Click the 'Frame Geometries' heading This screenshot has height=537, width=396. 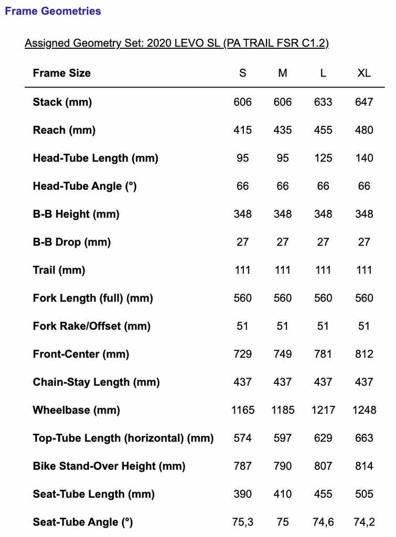tap(53, 11)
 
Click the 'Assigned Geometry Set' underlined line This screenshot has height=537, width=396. tap(177, 43)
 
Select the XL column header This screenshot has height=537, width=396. tap(364, 73)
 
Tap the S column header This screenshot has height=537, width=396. tap(242, 73)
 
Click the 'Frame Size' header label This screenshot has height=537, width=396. tap(61, 73)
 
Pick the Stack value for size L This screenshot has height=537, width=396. tap(323, 102)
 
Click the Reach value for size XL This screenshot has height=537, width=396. tap(364, 130)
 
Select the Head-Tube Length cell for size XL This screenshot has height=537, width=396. tap(364, 158)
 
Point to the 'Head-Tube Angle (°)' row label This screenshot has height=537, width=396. tap(84, 186)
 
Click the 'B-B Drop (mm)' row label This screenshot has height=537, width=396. tap(72, 242)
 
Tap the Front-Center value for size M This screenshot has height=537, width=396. tap(283, 354)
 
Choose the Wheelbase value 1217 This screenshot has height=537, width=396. tap(323, 410)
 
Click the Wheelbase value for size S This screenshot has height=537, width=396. tap(243, 410)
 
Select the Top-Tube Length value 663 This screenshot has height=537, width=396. tap(364, 438)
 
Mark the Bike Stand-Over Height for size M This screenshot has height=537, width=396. tap(283, 466)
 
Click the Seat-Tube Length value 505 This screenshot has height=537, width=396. tap(364, 494)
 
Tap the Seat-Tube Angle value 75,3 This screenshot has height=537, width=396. tap(243, 522)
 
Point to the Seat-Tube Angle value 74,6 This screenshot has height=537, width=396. tap(323, 522)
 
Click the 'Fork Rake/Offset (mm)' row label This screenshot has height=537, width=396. tap(91, 326)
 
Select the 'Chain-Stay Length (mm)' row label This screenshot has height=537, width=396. tap(96, 382)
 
